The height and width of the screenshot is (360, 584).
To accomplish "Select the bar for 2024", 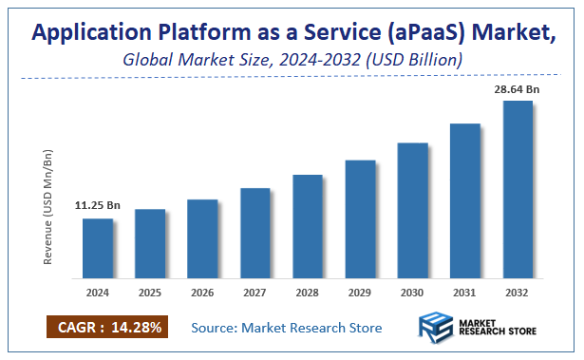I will pos(98,249).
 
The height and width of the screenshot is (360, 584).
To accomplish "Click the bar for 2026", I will pos(202,239).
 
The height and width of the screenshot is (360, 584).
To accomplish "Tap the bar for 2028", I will pos(308,227).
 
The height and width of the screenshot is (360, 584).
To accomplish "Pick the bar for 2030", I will pos(412,211).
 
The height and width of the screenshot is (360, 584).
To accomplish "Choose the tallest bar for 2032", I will pos(518,190).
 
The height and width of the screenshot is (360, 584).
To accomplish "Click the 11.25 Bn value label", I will pos(97,205).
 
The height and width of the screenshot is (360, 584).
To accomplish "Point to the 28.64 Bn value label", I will pos(517,88).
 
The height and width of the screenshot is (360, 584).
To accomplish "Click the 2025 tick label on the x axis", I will pos(150,294).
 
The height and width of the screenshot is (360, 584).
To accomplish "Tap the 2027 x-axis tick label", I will pos(255,294).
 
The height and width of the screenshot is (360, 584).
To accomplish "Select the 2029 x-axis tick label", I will pos(360,294).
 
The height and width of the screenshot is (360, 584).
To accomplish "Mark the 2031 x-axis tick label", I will pos(465,294).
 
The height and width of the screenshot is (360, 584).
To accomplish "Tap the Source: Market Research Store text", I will pos(286,328).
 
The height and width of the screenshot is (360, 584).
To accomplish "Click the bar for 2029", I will pos(360,219).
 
